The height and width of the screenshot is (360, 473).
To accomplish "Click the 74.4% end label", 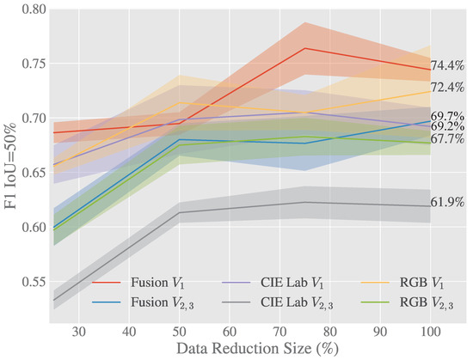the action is click(x=447, y=65).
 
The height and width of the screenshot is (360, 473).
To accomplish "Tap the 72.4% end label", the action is click(x=447, y=87).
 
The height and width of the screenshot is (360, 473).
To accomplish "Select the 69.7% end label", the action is click(x=447, y=116).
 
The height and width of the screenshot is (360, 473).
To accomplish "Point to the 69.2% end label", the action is click(x=447, y=126).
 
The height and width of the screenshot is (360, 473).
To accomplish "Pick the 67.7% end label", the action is click(x=447, y=139).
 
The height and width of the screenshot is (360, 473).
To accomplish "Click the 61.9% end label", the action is click(x=447, y=203).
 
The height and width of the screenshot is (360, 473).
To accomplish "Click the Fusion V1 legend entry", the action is click(x=138, y=283).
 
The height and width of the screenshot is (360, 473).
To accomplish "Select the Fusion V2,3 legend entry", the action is click(x=143, y=302).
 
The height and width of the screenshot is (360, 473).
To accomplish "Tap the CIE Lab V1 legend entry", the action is click(x=273, y=283).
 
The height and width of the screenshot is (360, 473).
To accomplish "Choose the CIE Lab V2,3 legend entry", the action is click(x=277, y=302).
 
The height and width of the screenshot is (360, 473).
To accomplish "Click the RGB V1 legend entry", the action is click(x=402, y=283).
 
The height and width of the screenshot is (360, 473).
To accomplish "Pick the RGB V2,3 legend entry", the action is click(x=408, y=302).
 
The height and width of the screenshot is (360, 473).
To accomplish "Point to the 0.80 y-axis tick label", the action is click(x=34, y=9).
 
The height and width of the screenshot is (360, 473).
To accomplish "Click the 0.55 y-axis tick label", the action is click(x=34, y=282).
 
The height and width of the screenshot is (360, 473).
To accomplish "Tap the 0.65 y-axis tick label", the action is click(x=34, y=173).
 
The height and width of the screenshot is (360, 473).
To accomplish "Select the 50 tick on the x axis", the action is click(x=179, y=332).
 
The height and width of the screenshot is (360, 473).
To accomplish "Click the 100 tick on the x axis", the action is click(x=431, y=332).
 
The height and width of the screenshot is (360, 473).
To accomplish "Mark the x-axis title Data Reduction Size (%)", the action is click(x=257, y=349).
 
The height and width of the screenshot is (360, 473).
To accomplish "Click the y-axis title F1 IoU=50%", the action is click(x=10, y=167).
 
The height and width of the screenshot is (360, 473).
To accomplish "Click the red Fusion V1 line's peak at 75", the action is click(x=305, y=48).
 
